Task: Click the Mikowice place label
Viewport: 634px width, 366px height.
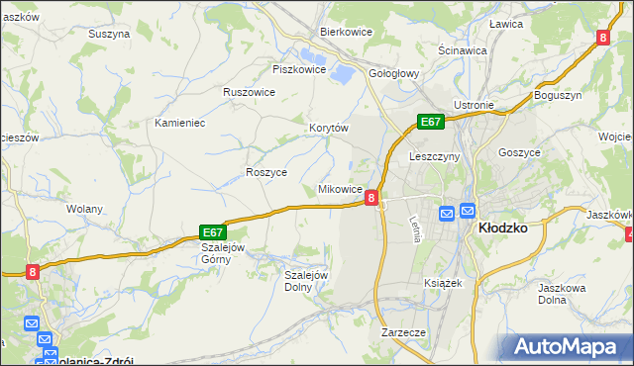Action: [339, 189]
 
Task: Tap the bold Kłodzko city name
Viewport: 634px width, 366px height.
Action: [501, 227]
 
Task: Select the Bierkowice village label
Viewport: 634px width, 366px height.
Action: [345, 32]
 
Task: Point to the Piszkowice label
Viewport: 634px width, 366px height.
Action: [299, 69]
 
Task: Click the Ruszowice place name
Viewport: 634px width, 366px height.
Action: [249, 92]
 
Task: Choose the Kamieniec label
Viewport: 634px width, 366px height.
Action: [179, 123]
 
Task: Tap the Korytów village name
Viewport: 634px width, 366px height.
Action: [329, 129]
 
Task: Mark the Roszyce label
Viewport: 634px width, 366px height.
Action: [265, 172]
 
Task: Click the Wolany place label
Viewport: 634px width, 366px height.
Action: [84, 209]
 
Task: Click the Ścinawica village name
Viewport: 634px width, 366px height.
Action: [462, 50]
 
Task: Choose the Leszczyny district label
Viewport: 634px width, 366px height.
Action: [433, 156]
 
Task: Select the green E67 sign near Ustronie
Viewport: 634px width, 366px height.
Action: [429, 122]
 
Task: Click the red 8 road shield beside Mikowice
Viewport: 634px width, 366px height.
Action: [370, 198]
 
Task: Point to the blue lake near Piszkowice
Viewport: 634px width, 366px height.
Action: [341, 72]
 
